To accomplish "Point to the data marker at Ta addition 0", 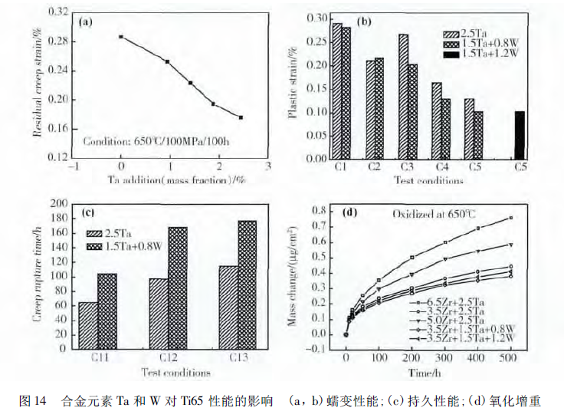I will pyautogui.click(x=121, y=37).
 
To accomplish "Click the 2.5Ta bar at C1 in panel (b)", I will pyautogui.click(x=337, y=93).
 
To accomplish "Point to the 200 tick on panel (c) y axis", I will pyautogui.click(x=57, y=203).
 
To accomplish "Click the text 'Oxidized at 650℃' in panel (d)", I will pyautogui.click(x=433, y=215).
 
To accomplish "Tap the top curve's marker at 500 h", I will pyautogui.click(x=510, y=218).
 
